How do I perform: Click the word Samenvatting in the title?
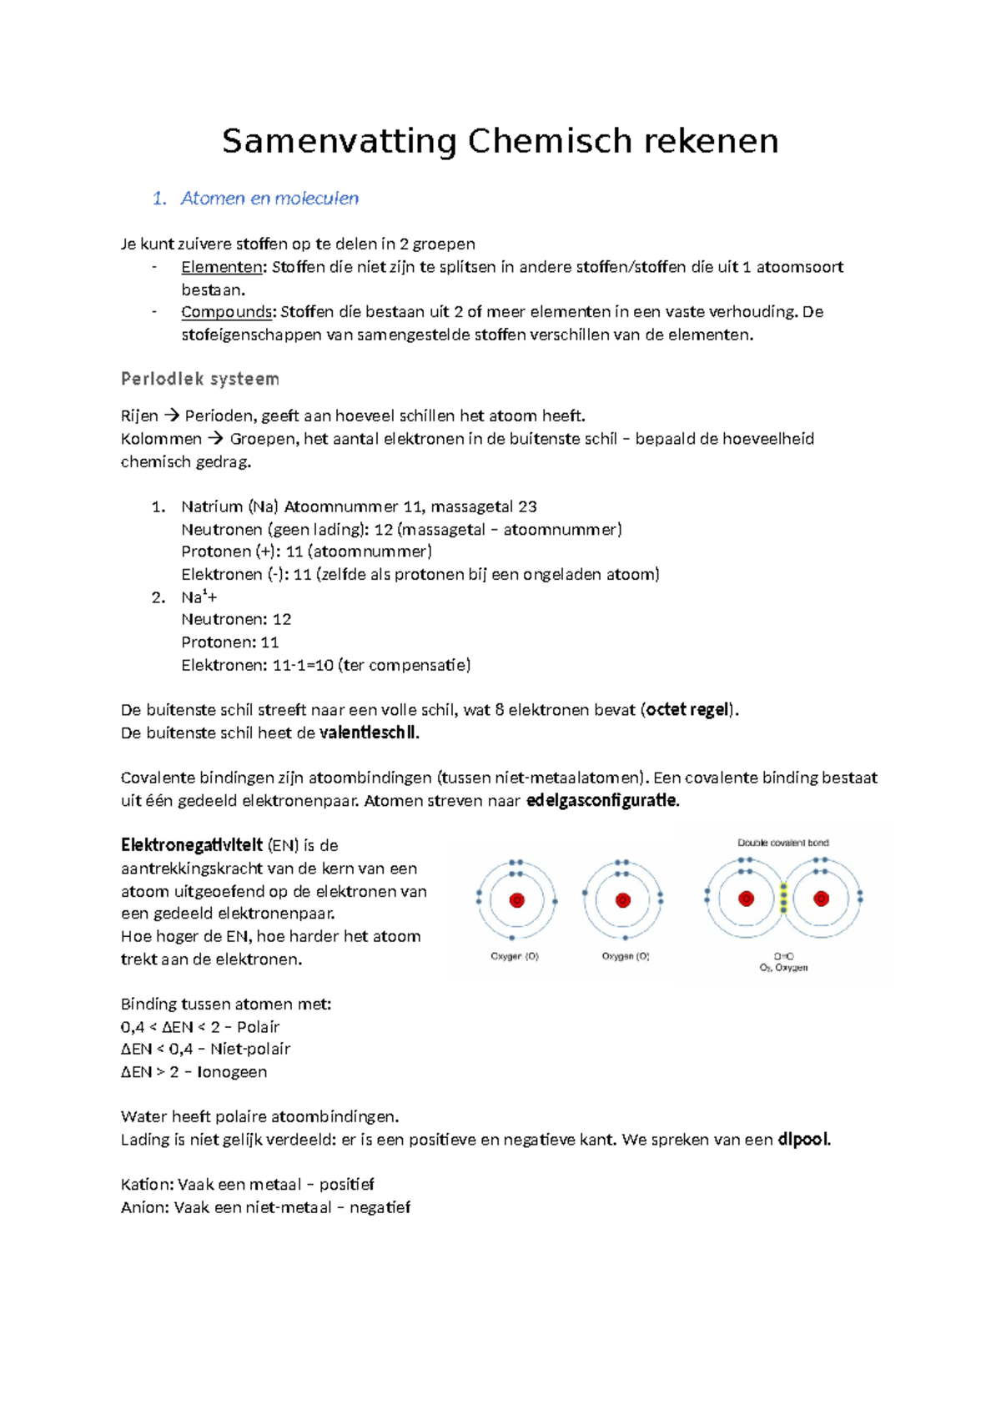point(339,142)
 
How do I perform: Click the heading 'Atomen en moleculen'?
point(269,199)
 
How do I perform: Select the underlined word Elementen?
point(221,267)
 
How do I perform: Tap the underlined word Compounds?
point(227,312)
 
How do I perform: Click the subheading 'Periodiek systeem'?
point(200,379)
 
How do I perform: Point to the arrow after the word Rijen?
point(171,415)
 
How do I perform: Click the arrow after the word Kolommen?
point(215,439)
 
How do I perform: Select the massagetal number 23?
point(527,506)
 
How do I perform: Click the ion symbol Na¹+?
point(199,597)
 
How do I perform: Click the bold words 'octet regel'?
point(688,710)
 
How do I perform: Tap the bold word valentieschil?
point(368,733)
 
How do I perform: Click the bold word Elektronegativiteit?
point(192,845)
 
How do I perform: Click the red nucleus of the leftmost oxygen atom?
point(516,900)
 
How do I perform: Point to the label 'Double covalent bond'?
point(782,843)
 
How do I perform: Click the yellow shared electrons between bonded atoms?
point(783,899)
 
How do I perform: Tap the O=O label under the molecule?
point(783,956)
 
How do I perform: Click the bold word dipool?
point(803,1140)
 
